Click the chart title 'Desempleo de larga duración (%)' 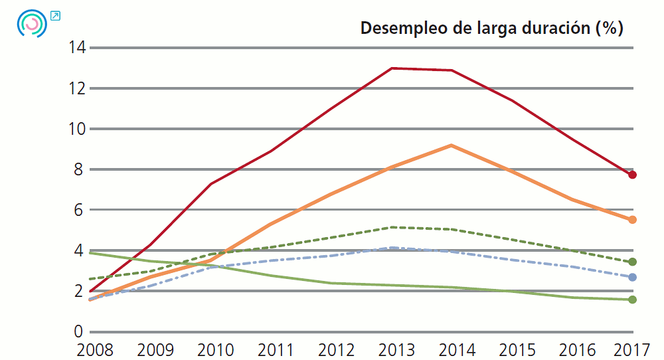pos(491,29)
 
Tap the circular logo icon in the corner pos(31,23)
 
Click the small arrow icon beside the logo pos(55,15)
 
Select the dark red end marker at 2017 pos(633,175)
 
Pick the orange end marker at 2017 pos(633,220)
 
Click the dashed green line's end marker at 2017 pos(633,262)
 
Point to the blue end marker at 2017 pos(633,277)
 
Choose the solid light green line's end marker pos(633,300)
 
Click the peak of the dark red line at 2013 pos(392,68)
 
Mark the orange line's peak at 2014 pos(452,145)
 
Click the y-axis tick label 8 pos(79,169)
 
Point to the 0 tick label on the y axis pos(79,331)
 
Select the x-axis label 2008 pos(95,349)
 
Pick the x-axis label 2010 pos(215,349)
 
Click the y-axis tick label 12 pos(75,88)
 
